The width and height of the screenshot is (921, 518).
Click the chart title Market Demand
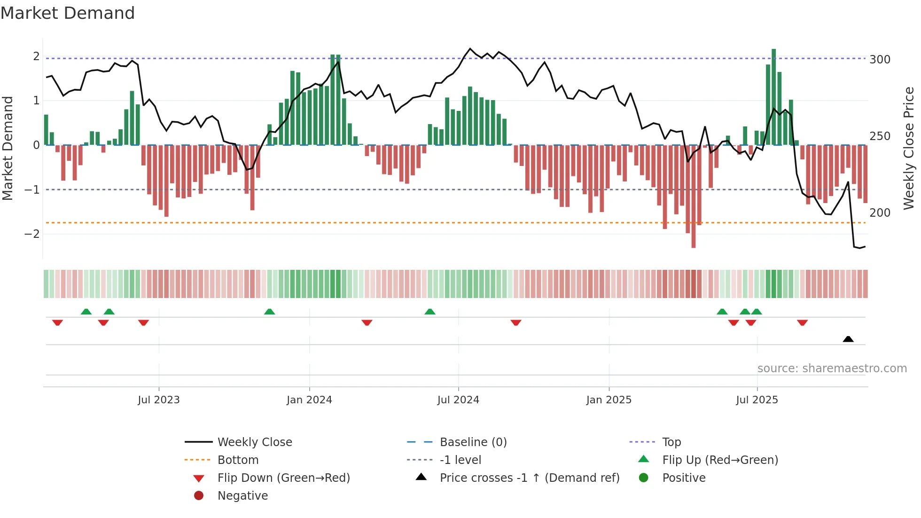pyautogui.click(x=68, y=13)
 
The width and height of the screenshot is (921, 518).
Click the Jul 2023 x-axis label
pyautogui.click(x=158, y=400)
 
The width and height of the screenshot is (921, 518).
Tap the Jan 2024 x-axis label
pyautogui.click(x=309, y=400)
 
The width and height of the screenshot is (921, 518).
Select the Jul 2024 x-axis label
pyautogui.click(x=458, y=400)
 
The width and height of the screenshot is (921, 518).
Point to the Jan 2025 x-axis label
pyautogui.click(x=609, y=400)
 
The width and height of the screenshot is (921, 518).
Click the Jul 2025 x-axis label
pyautogui.click(x=757, y=400)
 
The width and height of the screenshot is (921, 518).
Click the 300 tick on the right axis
pyautogui.click(x=880, y=60)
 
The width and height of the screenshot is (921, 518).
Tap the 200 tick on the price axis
pyautogui.click(x=880, y=213)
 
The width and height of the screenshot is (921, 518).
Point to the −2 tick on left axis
pyautogui.click(x=32, y=234)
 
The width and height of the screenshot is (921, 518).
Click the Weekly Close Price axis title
pyautogui.click(x=909, y=148)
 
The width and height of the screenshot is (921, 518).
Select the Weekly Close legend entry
pyautogui.click(x=254, y=442)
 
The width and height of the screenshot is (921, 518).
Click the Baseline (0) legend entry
pyautogui.click(x=473, y=442)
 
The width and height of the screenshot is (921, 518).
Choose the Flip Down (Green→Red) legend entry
pyautogui.click(x=283, y=478)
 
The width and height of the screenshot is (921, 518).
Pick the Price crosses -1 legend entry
pyautogui.click(x=529, y=478)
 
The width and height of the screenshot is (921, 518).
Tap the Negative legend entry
pyautogui.click(x=242, y=495)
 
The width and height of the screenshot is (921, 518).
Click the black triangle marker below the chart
pyautogui.click(x=848, y=339)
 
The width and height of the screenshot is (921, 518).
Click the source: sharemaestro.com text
pyautogui.click(x=832, y=368)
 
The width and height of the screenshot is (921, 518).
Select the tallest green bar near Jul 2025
pyautogui.click(x=773, y=96)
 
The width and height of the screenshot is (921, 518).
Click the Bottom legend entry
pyautogui.click(x=238, y=460)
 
